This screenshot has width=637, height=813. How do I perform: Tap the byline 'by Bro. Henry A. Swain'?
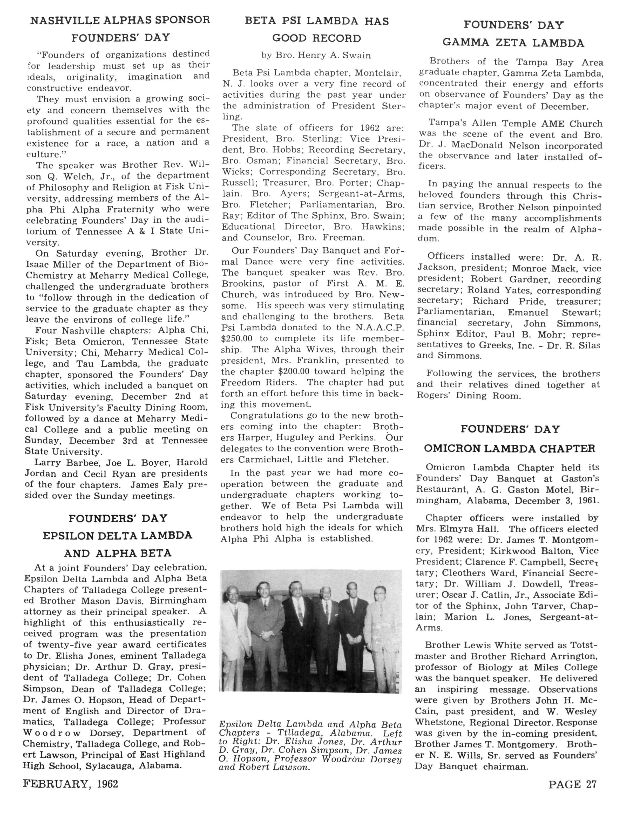click(316, 56)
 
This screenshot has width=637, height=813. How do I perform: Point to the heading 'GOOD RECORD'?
click(317, 38)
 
